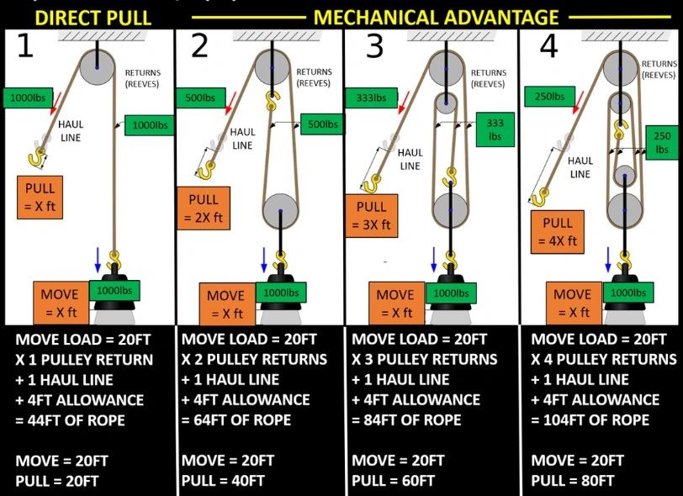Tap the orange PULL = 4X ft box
[558, 232]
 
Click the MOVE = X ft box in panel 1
[61, 303]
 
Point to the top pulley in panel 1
[97, 65]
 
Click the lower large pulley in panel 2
[280, 210]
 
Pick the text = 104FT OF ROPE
[591, 420]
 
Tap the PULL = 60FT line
[393, 481]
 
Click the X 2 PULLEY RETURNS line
[254, 359]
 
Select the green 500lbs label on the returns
[320, 124]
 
